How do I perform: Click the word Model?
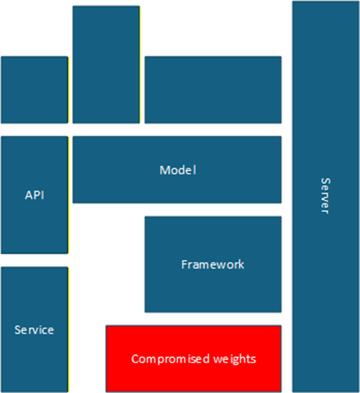point(177,170)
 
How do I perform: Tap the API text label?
point(34,195)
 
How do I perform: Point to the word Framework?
point(212,265)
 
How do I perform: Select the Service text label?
point(34,330)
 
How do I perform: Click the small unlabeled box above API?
point(34,89)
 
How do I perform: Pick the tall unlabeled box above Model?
point(106,64)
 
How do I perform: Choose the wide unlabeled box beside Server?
point(212,89)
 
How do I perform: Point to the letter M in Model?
point(164,170)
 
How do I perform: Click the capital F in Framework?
point(184,265)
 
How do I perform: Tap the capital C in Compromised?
point(135,358)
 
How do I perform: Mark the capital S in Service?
point(18,330)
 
